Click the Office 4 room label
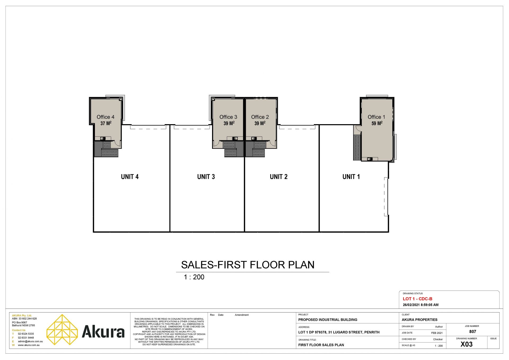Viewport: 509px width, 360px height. (106, 117)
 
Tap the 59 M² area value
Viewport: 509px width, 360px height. (377, 123)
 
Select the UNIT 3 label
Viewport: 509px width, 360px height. (206, 177)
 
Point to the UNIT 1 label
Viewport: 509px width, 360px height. (351, 177)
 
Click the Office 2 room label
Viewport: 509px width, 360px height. (260, 117)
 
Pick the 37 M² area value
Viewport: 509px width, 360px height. (106, 123)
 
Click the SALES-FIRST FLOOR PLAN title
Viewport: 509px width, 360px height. (248, 265)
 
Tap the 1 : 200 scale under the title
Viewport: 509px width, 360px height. (194, 277)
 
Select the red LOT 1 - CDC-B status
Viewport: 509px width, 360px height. (418, 299)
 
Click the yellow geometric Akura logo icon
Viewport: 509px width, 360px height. (62, 329)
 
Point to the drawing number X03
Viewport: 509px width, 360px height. (467, 344)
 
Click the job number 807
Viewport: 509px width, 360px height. (473, 332)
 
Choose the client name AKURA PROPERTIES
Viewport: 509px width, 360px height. (420, 320)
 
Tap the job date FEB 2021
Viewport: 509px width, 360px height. (437, 333)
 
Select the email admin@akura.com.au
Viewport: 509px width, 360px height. (30, 341)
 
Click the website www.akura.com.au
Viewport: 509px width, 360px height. (29, 345)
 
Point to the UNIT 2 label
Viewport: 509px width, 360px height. (279, 177)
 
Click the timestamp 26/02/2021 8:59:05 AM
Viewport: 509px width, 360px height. (421, 305)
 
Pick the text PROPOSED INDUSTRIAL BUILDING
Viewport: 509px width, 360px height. (328, 320)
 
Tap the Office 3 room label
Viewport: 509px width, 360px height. (228, 117)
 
